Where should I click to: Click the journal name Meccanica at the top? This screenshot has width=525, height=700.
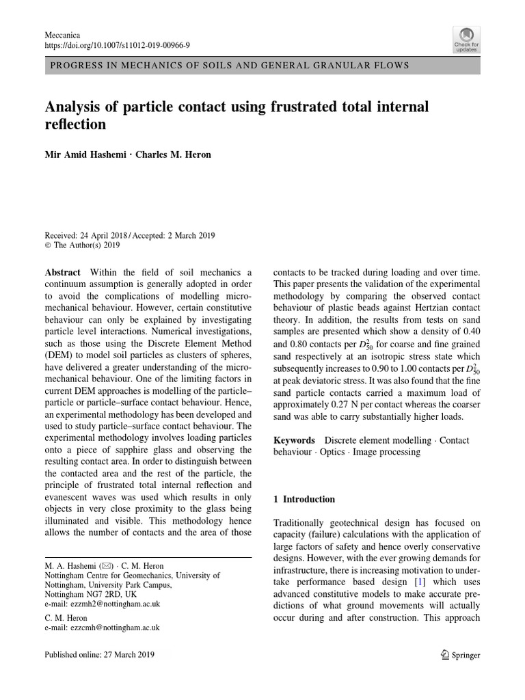[62, 33]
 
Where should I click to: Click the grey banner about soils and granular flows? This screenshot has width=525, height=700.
[262, 66]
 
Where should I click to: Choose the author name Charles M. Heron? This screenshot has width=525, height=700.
[174, 154]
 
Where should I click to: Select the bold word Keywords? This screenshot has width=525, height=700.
[295, 440]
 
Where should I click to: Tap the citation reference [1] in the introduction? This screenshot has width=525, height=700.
[422, 582]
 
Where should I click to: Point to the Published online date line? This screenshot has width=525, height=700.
[99, 654]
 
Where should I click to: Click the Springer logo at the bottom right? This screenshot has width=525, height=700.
[459, 655]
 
